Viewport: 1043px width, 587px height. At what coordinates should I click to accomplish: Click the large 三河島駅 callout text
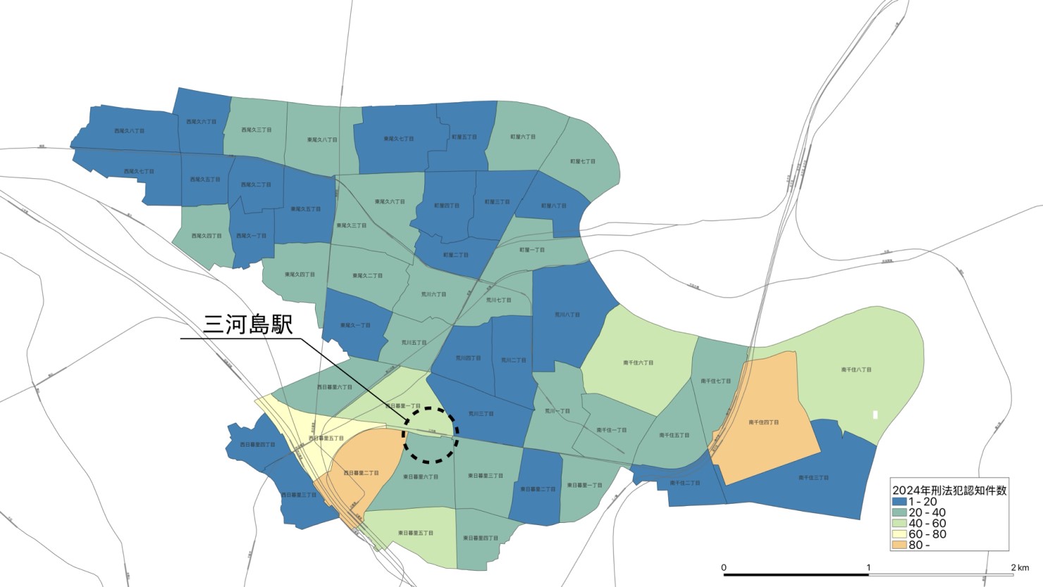[247, 325]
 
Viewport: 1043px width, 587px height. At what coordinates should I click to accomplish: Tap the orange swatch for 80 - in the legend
[899, 545]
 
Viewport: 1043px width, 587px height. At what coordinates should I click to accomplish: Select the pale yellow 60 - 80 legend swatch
[899, 534]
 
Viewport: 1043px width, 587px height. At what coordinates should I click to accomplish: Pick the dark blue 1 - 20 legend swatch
[899, 502]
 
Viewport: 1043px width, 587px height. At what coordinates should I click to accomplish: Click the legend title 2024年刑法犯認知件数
[949, 490]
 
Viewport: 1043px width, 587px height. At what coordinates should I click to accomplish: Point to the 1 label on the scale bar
[868, 567]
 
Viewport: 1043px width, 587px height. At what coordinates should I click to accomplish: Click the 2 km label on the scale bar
[1019, 567]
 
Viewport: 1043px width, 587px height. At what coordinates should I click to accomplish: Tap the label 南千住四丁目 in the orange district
[763, 422]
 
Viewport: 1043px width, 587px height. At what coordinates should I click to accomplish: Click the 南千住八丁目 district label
[856, 369]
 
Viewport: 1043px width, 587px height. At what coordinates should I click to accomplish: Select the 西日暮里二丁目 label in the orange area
[362, 473]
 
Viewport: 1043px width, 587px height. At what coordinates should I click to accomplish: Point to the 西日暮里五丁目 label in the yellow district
[326, 438]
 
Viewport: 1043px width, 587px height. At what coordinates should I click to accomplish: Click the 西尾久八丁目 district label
[129, 131]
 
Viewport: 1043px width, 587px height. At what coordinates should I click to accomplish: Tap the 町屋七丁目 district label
[583, 161]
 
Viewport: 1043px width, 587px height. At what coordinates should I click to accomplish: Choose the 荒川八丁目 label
[567, 315]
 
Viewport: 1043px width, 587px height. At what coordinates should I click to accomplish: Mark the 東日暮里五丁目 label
[416, 533]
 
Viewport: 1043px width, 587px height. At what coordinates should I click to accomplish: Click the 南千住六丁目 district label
[638, 363]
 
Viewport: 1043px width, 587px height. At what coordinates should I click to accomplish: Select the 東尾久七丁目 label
[399, 139]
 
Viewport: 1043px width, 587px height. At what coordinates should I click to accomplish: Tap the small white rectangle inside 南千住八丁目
[875, 415]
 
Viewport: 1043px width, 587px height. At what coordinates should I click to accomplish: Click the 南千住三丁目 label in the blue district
[813, 478]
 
